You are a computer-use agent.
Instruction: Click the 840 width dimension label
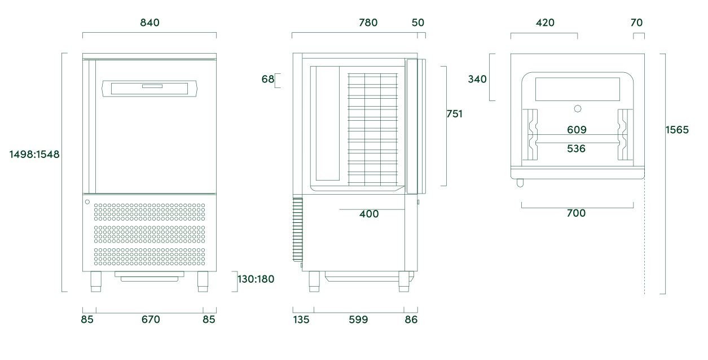tap(149, 23)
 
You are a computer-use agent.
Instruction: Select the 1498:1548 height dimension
tap(34, 154)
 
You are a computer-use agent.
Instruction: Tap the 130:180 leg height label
tap(256, 279)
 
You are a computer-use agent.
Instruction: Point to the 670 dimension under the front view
tap(151, 320)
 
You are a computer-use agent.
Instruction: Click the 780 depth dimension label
tap(368, 23)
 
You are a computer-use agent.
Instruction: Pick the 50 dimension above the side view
tap(418, 23)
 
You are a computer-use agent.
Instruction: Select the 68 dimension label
tap(267, 80)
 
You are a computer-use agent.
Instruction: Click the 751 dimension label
tap(454, 114)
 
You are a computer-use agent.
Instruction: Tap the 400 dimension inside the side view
tap(369, 214)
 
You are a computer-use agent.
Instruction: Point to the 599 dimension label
tap(358, 320)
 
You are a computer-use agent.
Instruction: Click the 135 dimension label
tap(301, 320)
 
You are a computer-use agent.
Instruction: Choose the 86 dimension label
tap(411, 320)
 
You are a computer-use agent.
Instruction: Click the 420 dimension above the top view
tap(545, 23)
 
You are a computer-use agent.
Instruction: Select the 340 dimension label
tap(477, 80)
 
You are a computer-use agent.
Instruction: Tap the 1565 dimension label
tap(677, 130)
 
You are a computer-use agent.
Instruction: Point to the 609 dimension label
tap(577, 130)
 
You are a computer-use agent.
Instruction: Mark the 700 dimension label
tap(577, 213)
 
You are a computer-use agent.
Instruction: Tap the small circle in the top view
tap(577, 108)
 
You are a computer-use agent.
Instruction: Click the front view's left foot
tap(96, 282)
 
